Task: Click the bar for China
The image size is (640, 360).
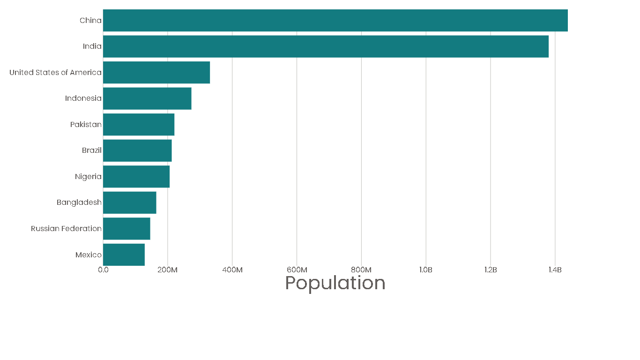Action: (x=335, y=20)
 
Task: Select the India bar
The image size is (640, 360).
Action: (x=326, y=46)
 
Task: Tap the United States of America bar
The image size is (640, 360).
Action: (x=156, y=72)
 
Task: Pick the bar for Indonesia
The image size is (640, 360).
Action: (x=147, y=98)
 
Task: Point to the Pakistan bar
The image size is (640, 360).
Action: (x=139, y=124)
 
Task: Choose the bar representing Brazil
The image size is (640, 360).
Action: (x=137, y=150)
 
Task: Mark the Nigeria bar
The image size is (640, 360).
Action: (x=136, y=176)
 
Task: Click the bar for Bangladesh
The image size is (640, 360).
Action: (x=130, y=202)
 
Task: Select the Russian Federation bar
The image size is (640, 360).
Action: (x=127, y=228)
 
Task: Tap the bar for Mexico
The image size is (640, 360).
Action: (x=124, y=255)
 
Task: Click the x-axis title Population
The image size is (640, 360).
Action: (x=335, y=283)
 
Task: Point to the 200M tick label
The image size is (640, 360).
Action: (x=167, y=270)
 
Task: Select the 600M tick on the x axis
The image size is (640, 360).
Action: (x=297, y=270)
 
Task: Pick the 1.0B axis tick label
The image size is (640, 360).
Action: (x=425, y=270)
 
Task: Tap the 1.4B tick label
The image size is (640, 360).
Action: (x=555, y=270)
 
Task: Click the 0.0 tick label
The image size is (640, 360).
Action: (x=103, y=270)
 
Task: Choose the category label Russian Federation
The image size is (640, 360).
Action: (x=66, y=229)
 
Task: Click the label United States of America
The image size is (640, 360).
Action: (x=55, y=73)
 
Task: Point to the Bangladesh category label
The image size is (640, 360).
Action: (x=79, y=202)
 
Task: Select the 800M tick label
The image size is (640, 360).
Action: (x=361, y=270)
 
